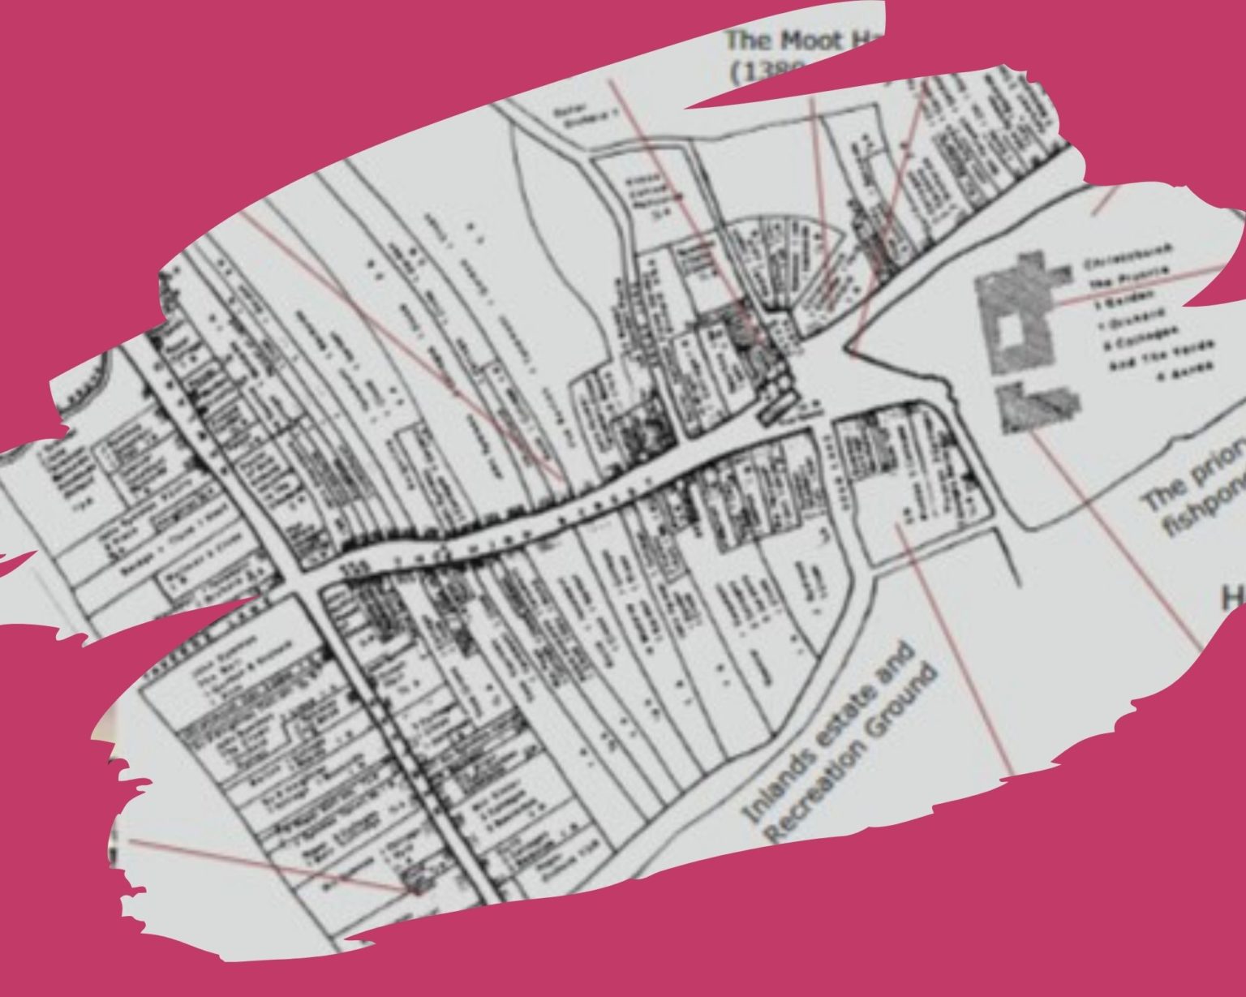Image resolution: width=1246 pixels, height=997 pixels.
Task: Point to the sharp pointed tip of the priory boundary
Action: (849, 347)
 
